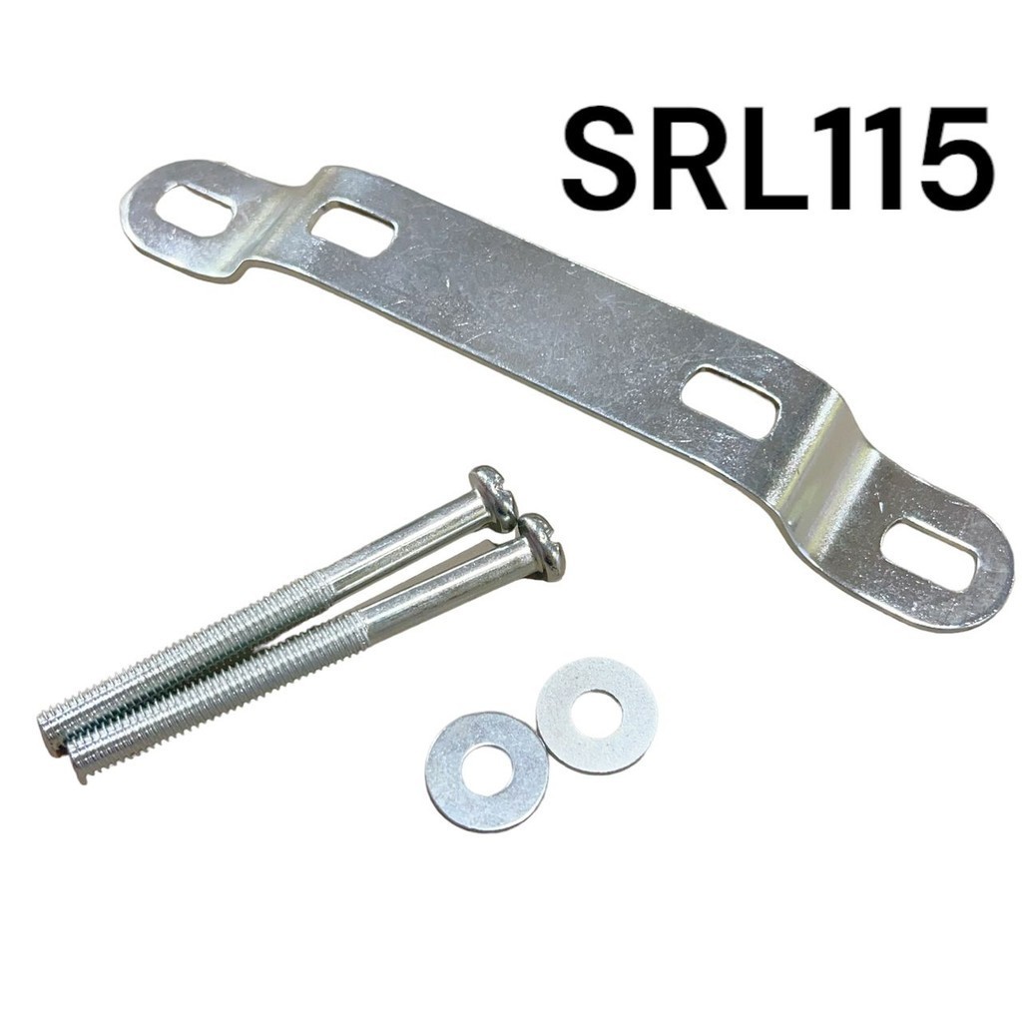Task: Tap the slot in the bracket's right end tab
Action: click(931, 553)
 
